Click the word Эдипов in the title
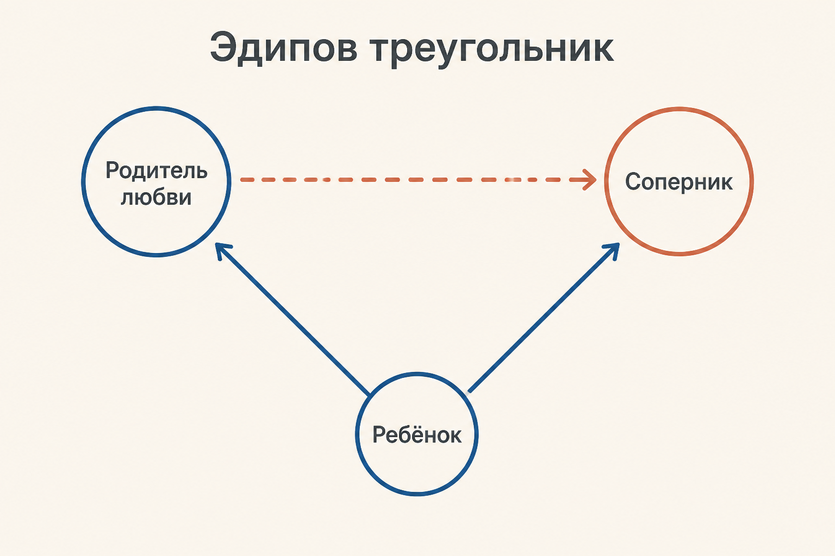284,49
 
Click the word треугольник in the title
491,50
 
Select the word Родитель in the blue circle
156,171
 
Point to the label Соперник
679,182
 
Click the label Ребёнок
417,434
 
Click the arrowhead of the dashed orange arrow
589,180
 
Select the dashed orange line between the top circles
418,180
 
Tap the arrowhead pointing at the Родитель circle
223,250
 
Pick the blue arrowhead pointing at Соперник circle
612,250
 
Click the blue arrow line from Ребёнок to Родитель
292,319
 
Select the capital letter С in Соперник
633,182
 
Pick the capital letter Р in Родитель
112,170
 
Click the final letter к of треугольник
602,52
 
